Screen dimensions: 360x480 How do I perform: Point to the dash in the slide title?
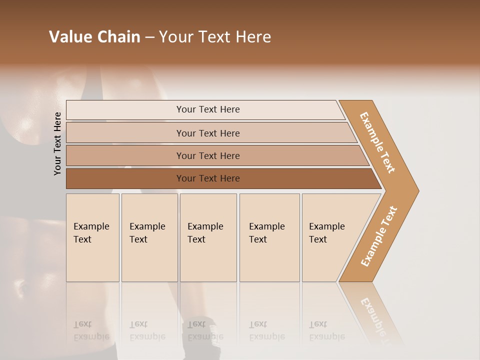149,37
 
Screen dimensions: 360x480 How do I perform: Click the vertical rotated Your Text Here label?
57,143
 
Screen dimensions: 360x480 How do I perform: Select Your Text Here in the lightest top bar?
208,109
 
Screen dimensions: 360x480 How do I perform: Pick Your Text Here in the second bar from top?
208,133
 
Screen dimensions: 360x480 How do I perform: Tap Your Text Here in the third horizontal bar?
208,156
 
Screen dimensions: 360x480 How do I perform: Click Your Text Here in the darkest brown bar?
208,178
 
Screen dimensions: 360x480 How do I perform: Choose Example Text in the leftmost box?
91,233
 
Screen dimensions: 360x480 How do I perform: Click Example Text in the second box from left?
147,233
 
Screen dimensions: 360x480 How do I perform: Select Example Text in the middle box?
205,233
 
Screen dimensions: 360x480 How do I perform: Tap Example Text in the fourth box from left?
266,233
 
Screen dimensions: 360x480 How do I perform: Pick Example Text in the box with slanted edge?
326,233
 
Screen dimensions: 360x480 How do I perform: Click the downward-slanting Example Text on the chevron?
377,142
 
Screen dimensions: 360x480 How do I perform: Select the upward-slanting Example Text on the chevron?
378,236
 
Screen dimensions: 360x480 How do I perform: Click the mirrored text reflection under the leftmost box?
91,330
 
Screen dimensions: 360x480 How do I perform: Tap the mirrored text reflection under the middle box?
205,330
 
